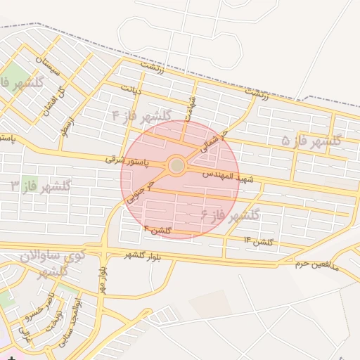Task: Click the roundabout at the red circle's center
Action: (176, 166)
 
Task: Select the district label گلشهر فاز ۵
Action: (311, 140)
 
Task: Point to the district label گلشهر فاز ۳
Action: (41, 186)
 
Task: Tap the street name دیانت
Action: (131, 90)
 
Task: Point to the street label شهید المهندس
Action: (232, 174)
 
